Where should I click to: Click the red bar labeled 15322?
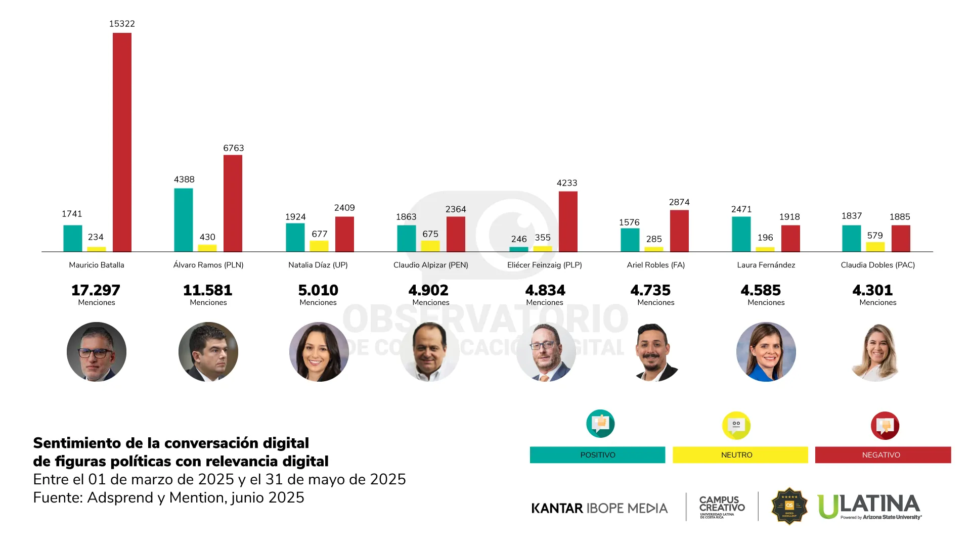pyautogui.click(x=122, y=142)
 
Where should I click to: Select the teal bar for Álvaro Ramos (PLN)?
pyautogui.click(x=184, y=220)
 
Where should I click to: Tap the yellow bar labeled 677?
pyautogui.click(x=319, y=246)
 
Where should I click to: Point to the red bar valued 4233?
pyautogui.click(x=568, y=221)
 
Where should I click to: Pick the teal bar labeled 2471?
pyautogui.click(x=741, y=234)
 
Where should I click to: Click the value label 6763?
pyautogui.click(x=234, y=148)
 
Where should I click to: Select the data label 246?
pyautogui.click(x=519, y=239)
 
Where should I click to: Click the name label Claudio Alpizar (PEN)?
pyautogui.click(x=431, y=265)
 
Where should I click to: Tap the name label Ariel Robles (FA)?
pyautogui.click(x=655, y=265)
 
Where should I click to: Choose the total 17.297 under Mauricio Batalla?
pyautogui.click(x=96, y=290)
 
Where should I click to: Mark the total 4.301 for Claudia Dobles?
pyautogui.click(x=872, y=290)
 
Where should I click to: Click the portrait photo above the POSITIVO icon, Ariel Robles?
pyautogui.click(x=656, y=352)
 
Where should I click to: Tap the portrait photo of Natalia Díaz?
pyautogui.click(x=319, y=352)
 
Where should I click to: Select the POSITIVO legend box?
pyautogui.click(x=597, y=454)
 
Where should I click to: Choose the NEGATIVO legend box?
pyautogui.click(x=882, y=454)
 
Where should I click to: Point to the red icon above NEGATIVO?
pyautogui.click(x=885, y=426)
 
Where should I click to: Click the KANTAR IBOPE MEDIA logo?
pyautogui.click(x=599, y=508)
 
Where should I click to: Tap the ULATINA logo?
pyautogui.click(x=869, y=506)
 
